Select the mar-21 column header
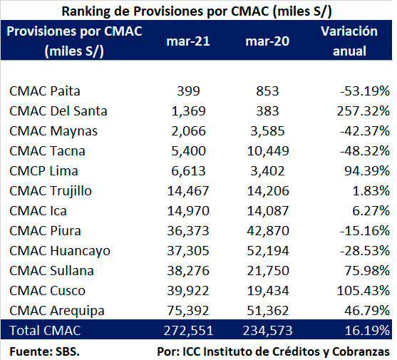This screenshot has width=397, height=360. tap(188, 41)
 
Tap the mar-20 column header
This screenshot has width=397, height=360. tap(267, 41)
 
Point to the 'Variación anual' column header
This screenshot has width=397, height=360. tap(349, 41)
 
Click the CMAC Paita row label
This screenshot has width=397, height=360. tap(45, 91)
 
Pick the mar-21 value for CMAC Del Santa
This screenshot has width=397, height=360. tap(189, 111)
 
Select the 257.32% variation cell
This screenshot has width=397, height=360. tap(364, 111)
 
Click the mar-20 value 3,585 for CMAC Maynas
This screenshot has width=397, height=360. tap(267, 131)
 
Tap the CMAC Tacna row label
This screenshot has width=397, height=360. tap(47, 151)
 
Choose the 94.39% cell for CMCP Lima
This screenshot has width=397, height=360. tap(367, 171)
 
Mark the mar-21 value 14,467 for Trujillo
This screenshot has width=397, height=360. tap(188, 191)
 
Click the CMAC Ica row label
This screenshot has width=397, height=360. tap(38, 211)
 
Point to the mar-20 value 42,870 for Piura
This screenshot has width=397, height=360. tap(268, 231)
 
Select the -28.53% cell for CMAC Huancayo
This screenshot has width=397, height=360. tap(365, 251)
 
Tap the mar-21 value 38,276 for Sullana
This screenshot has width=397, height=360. tap(188, 271)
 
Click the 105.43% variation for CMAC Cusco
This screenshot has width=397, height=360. tap(364, 291)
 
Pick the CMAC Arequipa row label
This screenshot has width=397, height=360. tap(57, 311)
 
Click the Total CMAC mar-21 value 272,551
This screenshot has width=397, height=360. tap(188, 331)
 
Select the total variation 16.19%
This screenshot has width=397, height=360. tap(367, 331)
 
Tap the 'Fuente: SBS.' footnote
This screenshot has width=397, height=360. tap(45, 351)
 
